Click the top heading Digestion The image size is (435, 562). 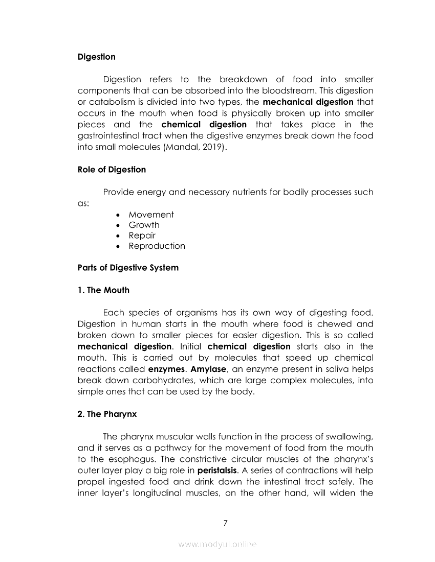tap(96, 57)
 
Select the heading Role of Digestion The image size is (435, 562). tap(112, 170)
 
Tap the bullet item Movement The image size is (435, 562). tap(151, 215)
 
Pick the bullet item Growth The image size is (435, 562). tap(144, 225)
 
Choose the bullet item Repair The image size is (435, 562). tap(142, 236)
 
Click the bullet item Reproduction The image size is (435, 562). tap(157, 246)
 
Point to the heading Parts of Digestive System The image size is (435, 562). tap(128, 268)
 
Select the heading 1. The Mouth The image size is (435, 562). tap(103, 290)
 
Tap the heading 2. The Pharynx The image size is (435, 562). tap(107, 414)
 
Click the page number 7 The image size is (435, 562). tap(225, 522)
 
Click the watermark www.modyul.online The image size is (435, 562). tap(217, 545)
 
